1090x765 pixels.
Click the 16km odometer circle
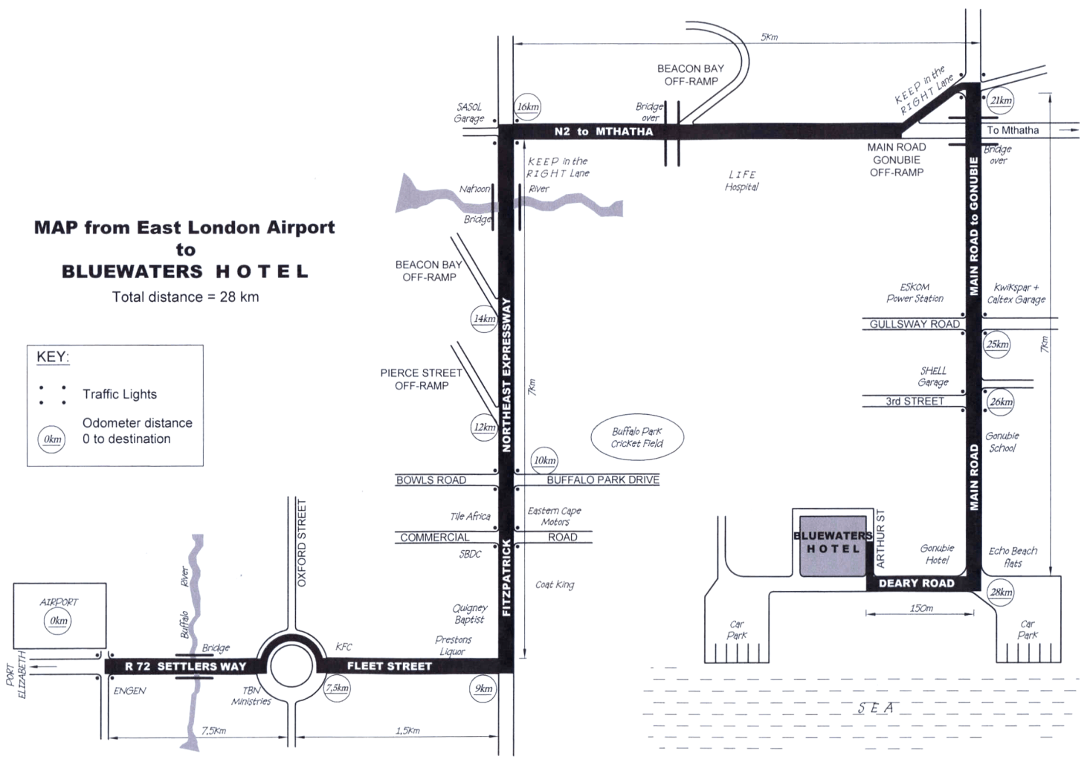point(527,106)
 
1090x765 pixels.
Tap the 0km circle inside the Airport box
point(57,621)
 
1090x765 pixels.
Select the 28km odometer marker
point(1001,592)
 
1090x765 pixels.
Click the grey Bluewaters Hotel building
point(833,546)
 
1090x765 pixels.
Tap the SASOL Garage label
point(469,112)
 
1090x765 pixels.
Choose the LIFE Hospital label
point(741,181)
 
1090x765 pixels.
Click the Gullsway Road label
point(915,324)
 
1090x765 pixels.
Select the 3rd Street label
point(915,401)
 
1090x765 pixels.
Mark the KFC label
point(344,647)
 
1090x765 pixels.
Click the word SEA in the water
point(874,708)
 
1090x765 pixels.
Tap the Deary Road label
point(916,583)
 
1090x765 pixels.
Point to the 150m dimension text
point(921,608)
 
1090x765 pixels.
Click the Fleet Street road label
point(390,665)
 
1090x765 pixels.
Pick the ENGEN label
point(129,691)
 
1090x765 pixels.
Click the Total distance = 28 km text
point(185,297)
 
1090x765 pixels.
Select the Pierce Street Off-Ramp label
point(422,379)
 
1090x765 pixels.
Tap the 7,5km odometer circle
point(337,688)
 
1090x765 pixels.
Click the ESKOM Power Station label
point(915,292)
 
